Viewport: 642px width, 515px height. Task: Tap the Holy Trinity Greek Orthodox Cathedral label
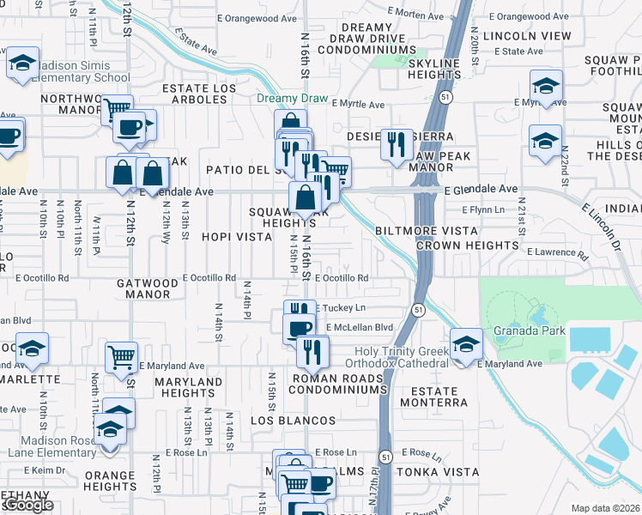pos(403,357)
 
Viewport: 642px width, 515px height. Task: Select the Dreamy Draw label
pos(293,99)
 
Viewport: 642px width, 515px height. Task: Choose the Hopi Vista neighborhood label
pos(236,236)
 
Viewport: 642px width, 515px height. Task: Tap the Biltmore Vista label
pos(427,231)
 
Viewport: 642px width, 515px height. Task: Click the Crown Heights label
pos(468,245)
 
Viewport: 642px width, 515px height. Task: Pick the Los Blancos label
pos(293,421)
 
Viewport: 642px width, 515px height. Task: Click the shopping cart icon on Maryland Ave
pos(121,355)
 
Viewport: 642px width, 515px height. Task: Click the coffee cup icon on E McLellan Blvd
pos(300,328)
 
